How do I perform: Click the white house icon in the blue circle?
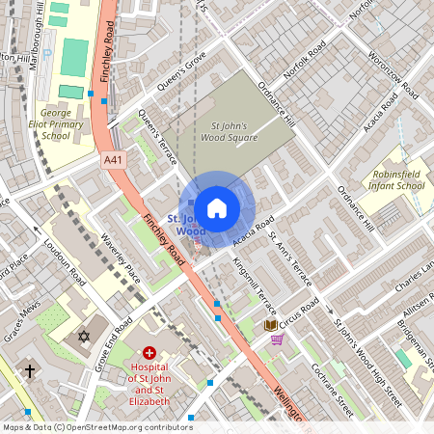click(x=217, y=208)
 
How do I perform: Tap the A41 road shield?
click(x=114, y=160)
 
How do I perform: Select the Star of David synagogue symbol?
click(x=83, y=336)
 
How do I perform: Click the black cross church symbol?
click(x=30, y=370)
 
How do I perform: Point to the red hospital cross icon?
click(x=149, y=356)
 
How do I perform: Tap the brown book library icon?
click(x=270, y=326)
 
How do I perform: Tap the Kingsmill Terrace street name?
click(x=255, y=285)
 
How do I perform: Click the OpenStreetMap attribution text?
click(x=96, y=426)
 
